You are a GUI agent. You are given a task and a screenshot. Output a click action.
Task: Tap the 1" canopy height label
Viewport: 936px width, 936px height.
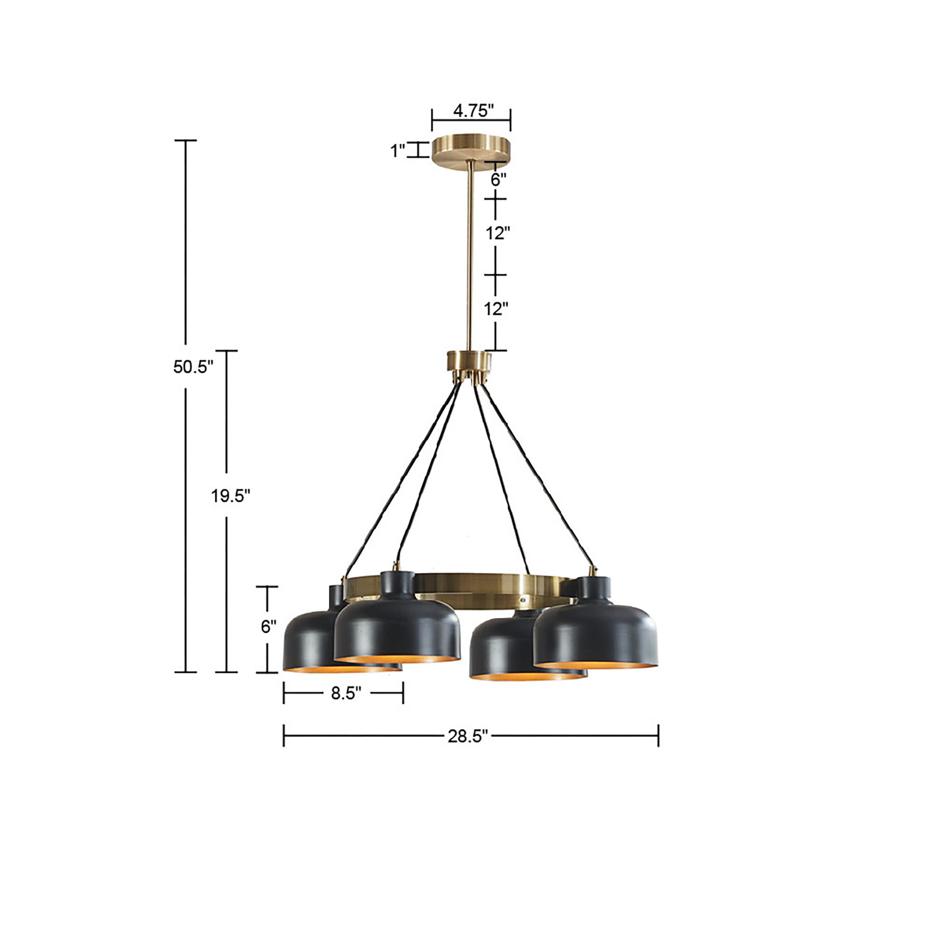(x=398, y=151)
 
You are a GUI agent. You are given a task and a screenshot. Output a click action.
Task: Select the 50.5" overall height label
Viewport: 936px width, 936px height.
(x=193, y=367)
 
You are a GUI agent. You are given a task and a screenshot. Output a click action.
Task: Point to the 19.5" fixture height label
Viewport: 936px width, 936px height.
(x=230, y=496)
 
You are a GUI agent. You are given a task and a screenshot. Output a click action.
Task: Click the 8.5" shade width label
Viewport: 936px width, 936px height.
(x=346, y=693)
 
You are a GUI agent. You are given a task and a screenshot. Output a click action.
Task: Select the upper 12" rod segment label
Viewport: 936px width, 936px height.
(x=498, y=233)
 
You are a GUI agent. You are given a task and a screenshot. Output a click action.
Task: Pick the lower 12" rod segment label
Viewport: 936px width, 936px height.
(x=496, y=308)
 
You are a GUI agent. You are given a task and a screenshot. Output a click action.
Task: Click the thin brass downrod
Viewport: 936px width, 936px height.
(x=470, y=257)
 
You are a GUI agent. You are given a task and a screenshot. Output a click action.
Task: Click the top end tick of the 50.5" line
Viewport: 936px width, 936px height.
(x=185, y=140)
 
